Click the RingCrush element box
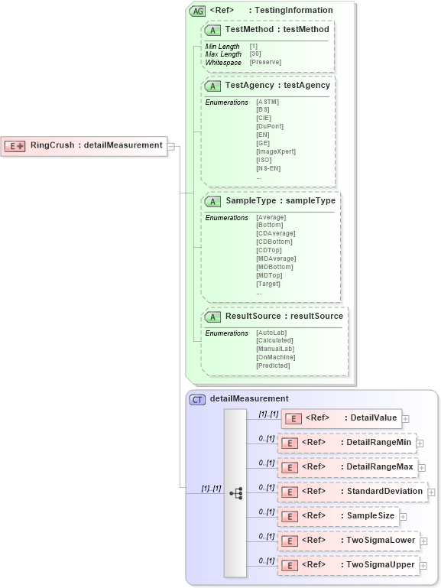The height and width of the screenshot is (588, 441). click(85, 145)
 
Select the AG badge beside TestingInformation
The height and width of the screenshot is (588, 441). click(198, 11)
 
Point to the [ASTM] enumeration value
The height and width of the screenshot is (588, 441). click(268, 102)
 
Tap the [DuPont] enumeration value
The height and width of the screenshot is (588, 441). click(270, 126)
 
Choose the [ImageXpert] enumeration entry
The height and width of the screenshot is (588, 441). click(276, 151)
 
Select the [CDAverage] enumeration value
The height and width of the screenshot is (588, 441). click(276, 233)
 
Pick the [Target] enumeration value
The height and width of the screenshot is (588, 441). click(268, 284)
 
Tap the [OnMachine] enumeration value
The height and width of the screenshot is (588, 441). click(276, 357)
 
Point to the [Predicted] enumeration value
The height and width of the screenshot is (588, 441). click(273, 365)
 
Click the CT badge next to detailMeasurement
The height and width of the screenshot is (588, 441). click(197, 399)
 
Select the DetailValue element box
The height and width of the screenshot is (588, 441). click(342, 418)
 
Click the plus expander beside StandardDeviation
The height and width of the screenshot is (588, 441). click(431, 492)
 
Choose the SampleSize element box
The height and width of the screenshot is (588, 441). click(339, 516)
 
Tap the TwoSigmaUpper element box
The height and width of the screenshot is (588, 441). click(349, 565)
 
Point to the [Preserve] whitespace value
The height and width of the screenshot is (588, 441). click(265, 62)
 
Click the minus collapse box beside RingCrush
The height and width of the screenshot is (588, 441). click(171, 145)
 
